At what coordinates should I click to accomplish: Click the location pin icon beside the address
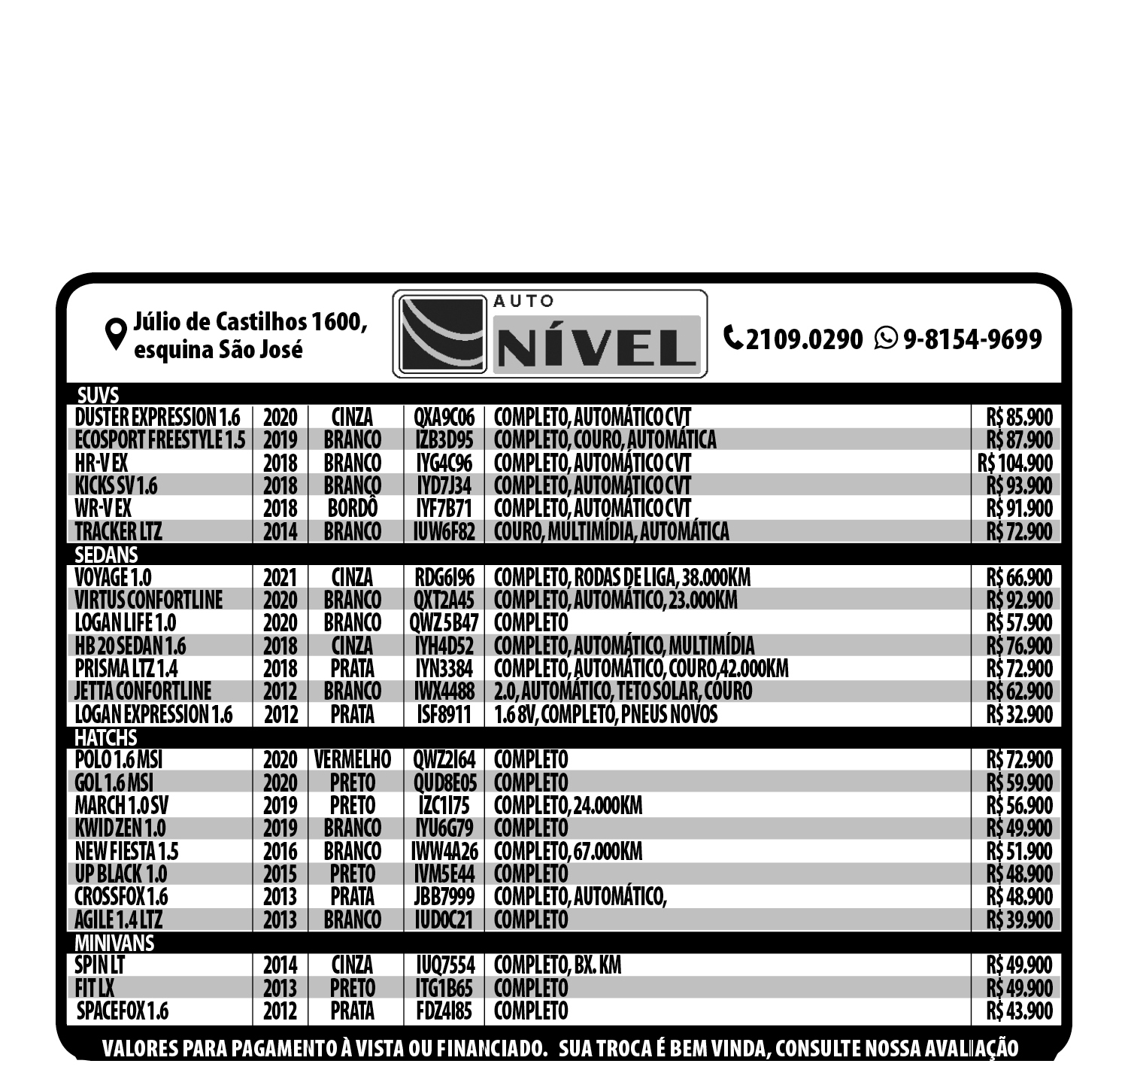(115, 335)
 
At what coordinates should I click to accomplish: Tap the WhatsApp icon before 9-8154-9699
(887, 339)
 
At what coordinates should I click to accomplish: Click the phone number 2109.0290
(804, 339)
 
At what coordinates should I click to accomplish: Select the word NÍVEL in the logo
(598, 348)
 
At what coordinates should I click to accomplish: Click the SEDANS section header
(106, 555)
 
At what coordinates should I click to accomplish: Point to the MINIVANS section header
(114, 942)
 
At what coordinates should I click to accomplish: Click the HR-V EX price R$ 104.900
(1015, 463)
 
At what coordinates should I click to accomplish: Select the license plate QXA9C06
(444, 417)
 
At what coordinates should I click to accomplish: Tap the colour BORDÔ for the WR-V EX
(352, 509)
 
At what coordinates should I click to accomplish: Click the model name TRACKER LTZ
(118, 531)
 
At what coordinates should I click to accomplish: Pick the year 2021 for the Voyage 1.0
(280, 578)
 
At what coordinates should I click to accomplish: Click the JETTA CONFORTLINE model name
(143, 691)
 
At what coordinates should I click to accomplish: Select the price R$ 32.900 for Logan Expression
(1019, 714)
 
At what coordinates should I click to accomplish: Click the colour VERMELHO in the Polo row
(352, 760)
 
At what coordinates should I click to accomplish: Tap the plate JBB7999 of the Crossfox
(444, 897)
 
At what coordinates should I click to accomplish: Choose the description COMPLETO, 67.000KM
(568, 851)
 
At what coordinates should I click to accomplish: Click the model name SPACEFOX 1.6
(123, 1010)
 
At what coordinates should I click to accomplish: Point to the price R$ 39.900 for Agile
(1019, 919)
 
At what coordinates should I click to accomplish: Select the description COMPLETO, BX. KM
(557, 965)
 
